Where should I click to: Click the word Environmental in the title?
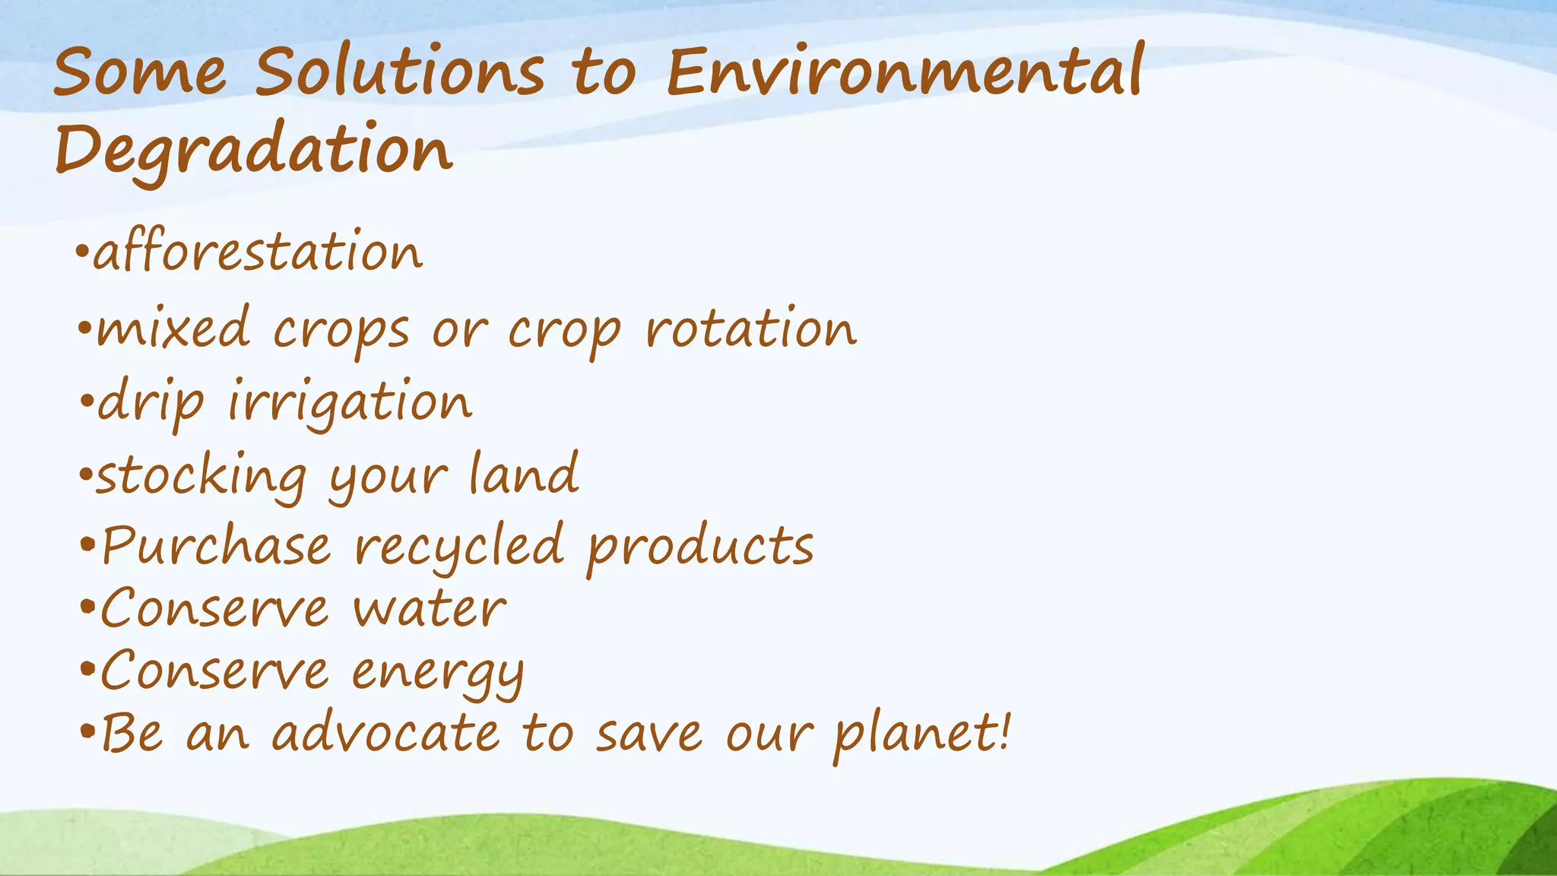click(x=905, y=72)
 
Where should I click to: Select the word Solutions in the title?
click(x=399, y=72)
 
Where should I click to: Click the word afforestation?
click(x=258, y=252)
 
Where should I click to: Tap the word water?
click(x=430, y=610)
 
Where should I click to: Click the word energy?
click(x=438, y=674)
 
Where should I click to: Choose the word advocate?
click(x=386, y=734)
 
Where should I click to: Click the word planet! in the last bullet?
click(x=922, y=734)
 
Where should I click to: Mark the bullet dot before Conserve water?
click(x=87, y=609)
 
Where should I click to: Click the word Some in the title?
click(x=140, y=72)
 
